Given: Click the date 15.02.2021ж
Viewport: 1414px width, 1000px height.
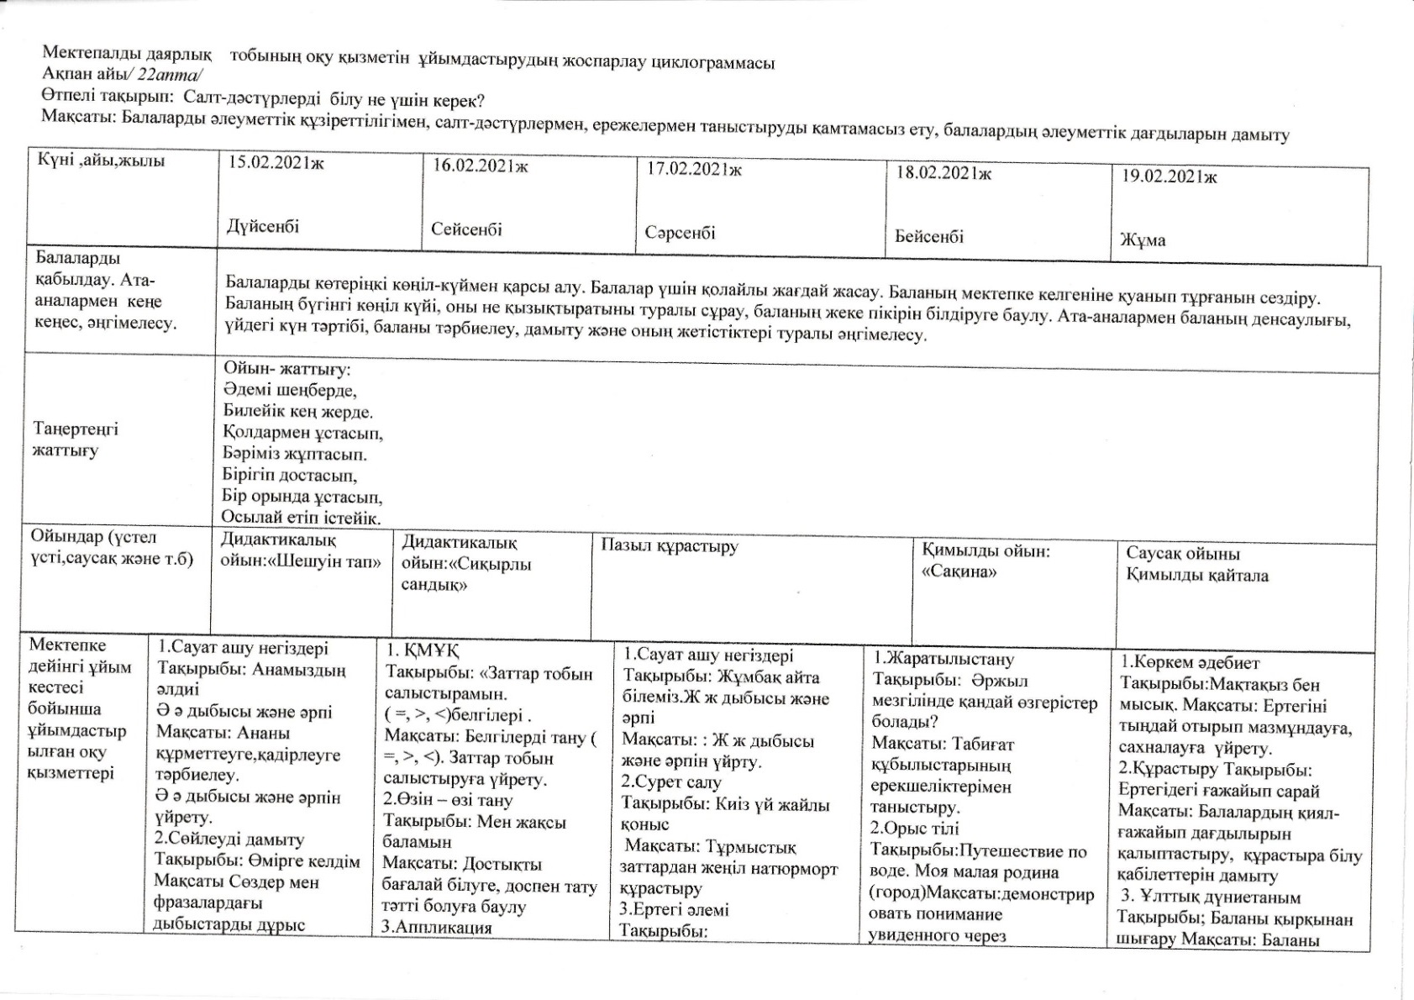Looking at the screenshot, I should point(276,163).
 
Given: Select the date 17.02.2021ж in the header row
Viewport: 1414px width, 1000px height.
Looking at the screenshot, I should point(694,169).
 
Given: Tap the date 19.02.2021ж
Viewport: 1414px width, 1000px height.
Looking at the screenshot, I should point(1170,176).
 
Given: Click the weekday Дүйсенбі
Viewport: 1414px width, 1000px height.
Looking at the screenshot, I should point(263,226).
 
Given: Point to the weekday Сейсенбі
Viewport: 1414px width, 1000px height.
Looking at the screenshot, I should point(466,229).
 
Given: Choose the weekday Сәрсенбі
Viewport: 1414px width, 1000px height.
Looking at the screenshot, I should point(681,232).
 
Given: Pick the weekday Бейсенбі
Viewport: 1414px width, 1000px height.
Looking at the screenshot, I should point(929,236).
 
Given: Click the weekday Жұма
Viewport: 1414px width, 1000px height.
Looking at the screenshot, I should point(1143,239).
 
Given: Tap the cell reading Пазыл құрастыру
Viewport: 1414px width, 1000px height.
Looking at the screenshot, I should point(670,546).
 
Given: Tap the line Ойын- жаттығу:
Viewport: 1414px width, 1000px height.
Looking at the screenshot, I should point(286,369).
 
